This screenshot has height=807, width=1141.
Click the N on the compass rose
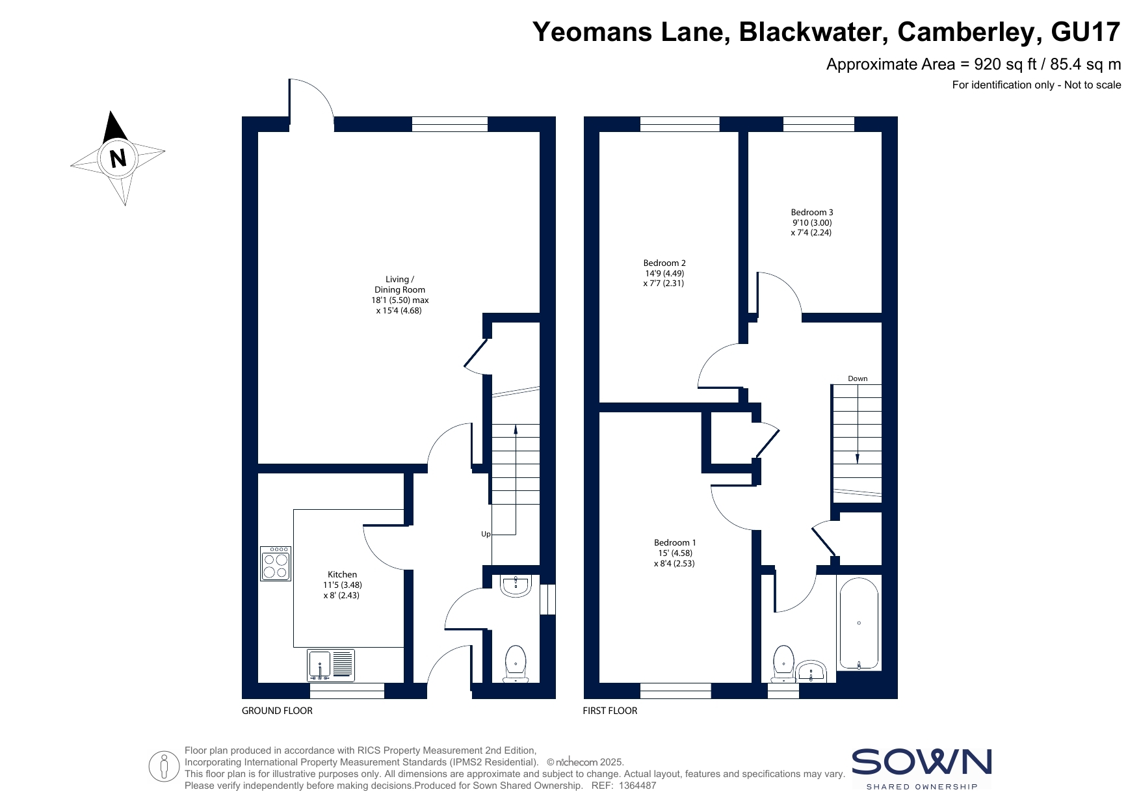tap(118, 158)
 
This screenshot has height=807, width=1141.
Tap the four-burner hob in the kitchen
tap(276, 563)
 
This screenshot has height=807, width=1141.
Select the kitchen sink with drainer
tap(331, 665)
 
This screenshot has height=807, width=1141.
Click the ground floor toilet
tap(516, 663)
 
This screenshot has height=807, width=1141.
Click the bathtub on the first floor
tap(859, 623)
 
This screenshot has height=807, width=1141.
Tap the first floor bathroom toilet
tap(783, 663)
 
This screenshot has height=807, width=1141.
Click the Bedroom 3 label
tap(812, 212)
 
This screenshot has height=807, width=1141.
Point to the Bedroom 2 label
tap(664, 263)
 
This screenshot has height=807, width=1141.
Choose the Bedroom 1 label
tap(675, 542)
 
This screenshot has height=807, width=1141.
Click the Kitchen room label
tap(342, 574)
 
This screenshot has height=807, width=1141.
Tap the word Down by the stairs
tap(858, 378)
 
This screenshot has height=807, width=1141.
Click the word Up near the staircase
tap(486, 534)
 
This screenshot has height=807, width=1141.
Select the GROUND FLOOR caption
tap(277, 711)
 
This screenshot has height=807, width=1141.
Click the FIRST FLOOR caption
tap(610, 711)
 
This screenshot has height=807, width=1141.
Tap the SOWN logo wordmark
tap(922, 761)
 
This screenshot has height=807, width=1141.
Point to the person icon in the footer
tap(164, 767)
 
